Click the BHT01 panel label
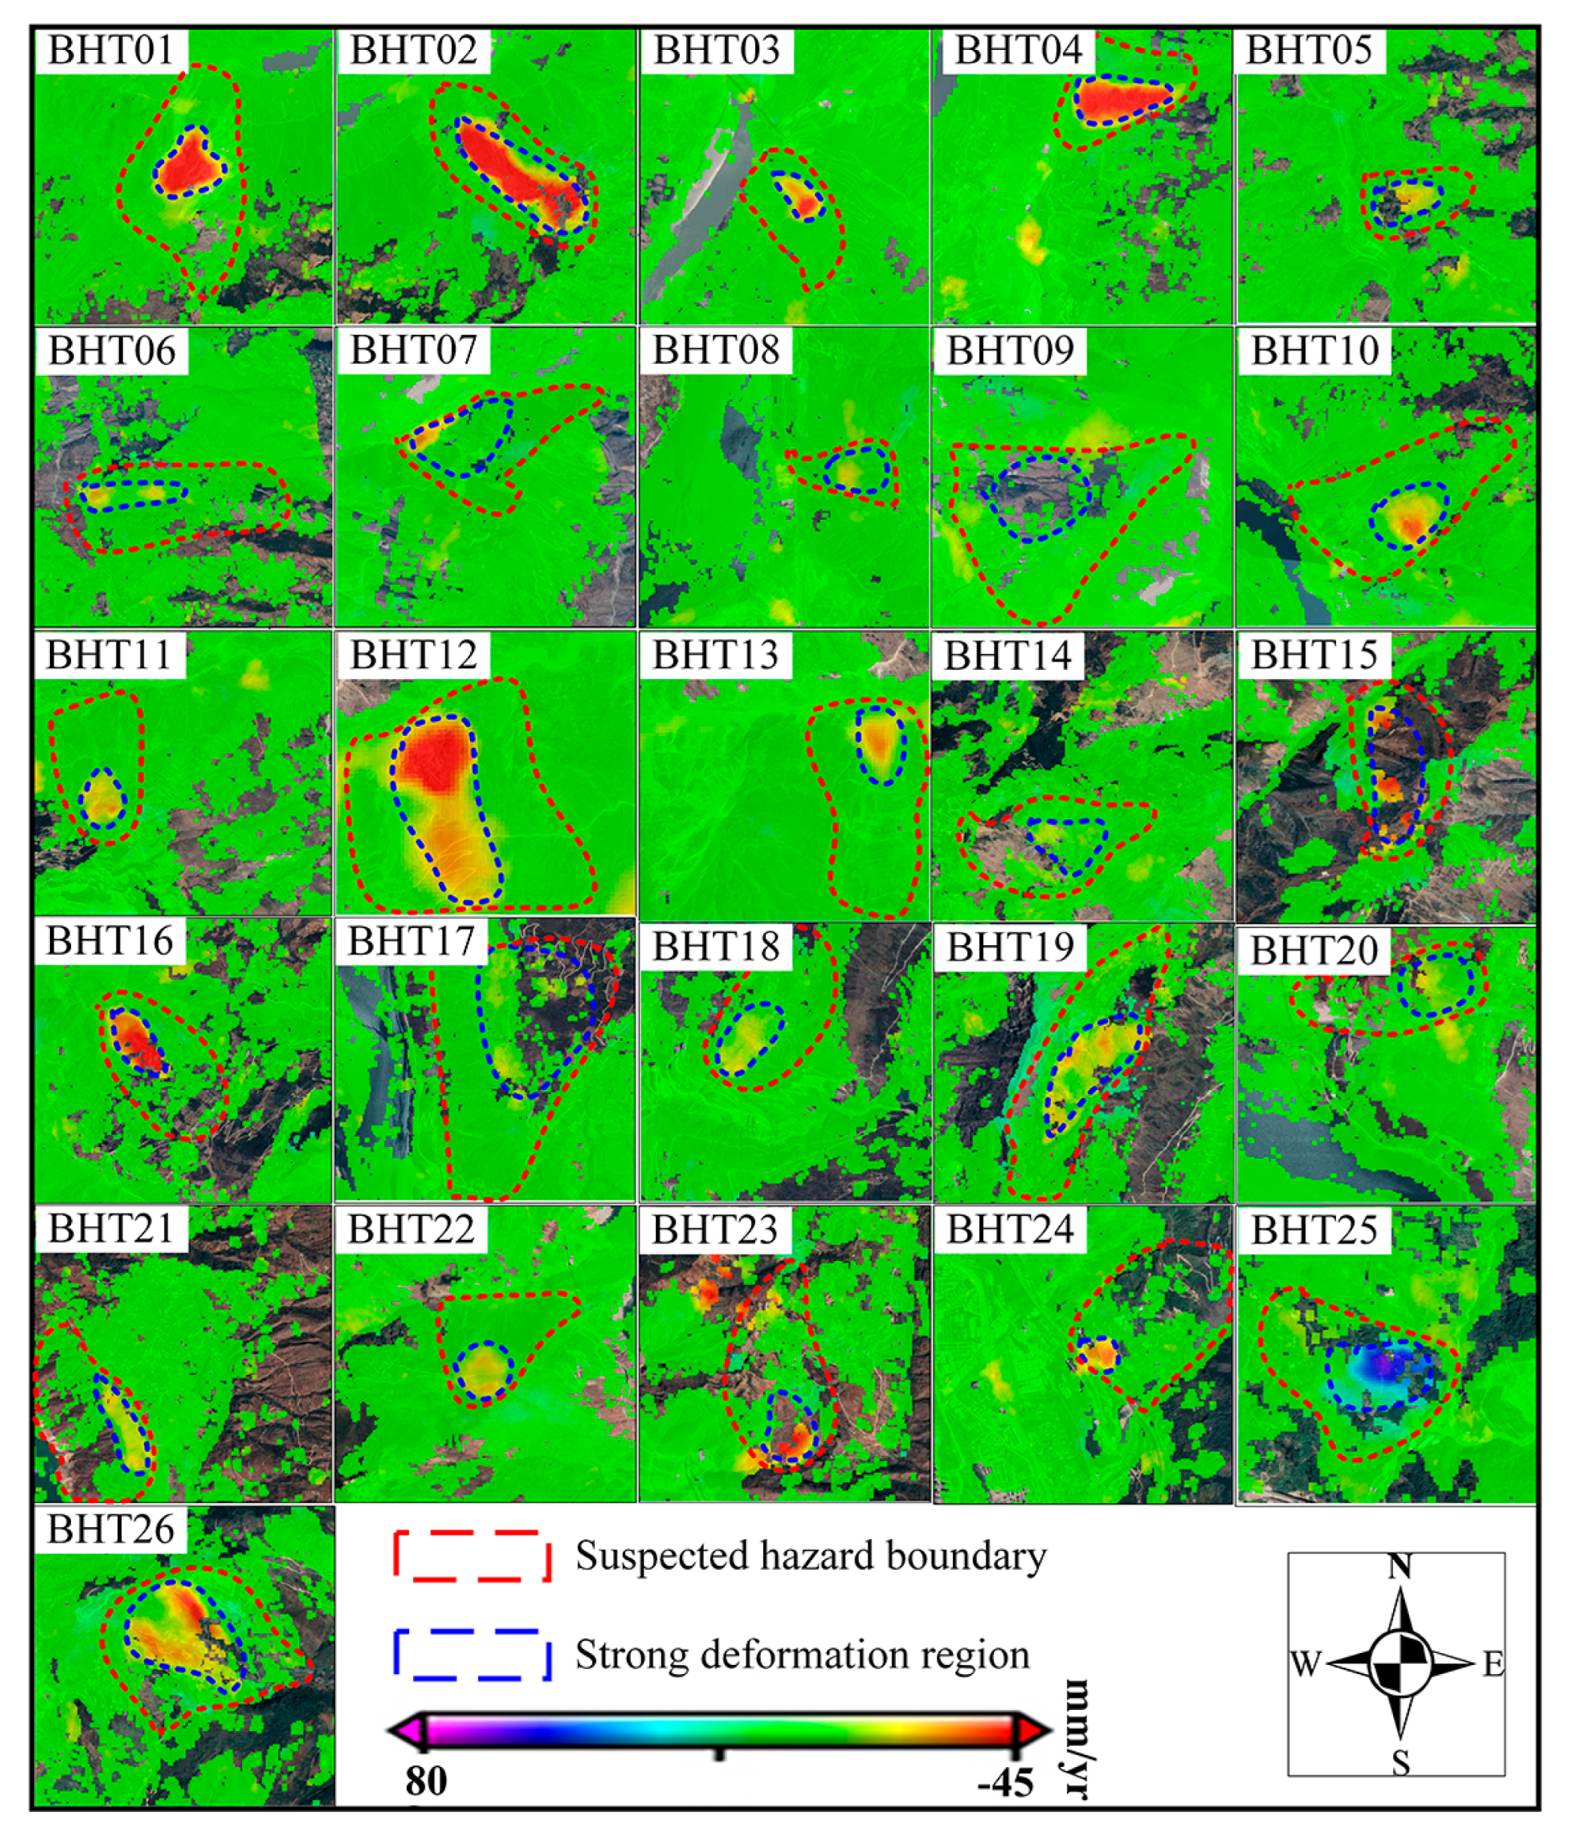click(x=111, y=51)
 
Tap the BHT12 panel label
click(x=412, y=655)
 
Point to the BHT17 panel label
click(x=411, y=941)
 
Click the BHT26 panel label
click(x=111, y=1529)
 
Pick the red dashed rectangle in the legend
click(x=472, y=1556)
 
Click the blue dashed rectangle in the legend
click(x=472, y=1654)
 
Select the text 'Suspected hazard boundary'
click(x=810, y=1556)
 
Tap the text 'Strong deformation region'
click(x=803, y=1654)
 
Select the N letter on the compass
click(x=1399, y=1567)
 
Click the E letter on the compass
click(x=1493, y=1665)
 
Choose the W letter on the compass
click(x=1305, y=1665)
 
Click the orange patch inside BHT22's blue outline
click(x=484, y=1369)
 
